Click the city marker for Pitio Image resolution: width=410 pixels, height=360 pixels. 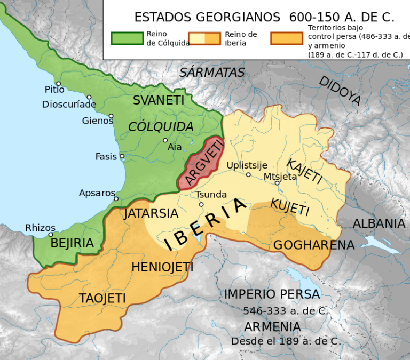click(58, 84)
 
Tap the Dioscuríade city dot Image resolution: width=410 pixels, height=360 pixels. click(89, 98)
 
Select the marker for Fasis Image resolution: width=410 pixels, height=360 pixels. click(122, 156)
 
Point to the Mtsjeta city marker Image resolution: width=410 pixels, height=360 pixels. click(277, 183)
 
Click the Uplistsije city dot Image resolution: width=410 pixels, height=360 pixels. click(248, 174)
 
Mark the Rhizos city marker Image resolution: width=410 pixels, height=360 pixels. click(51, 234)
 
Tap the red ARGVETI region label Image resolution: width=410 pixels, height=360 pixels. click(199, 163)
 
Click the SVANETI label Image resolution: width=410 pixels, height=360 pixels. click(159, 100)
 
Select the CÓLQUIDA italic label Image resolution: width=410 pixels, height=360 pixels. click(161, 127)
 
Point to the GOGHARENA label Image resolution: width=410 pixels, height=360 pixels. click(314, 245)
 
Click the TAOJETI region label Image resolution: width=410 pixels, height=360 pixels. click(102, 298)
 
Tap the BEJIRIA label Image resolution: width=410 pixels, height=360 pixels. click(72, 243)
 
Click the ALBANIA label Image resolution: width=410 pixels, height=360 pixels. click(379, 223)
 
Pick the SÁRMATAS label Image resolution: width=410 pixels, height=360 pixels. click(212, 73)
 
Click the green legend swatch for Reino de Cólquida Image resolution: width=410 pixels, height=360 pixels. click(127, 38)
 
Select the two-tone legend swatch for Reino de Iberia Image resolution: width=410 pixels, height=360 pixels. click(204, 38)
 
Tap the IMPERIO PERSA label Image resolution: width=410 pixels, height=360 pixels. click(272, 294)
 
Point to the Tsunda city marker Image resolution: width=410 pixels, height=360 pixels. click(201, 204)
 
